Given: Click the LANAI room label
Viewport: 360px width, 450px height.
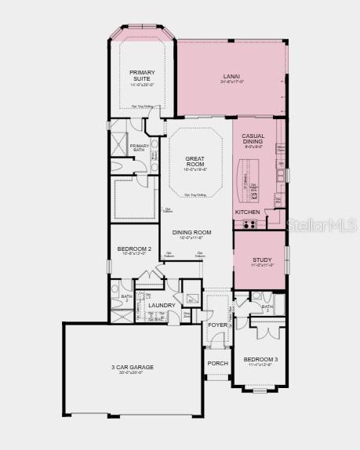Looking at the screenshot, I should click(232, 76).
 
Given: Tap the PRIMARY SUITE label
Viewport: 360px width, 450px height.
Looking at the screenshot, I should click(142, 75).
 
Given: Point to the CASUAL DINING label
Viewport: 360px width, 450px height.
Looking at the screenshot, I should click(253, 138).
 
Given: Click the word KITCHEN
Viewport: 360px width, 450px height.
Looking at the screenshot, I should click(247, 212).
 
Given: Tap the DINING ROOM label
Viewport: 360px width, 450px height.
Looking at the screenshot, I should click(192, 232).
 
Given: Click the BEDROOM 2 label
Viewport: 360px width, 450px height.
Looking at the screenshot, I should click(134, 249).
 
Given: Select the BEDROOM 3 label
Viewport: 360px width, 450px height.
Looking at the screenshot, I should click(260, 359).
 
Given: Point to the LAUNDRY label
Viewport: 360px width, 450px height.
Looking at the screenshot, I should click(162, 305).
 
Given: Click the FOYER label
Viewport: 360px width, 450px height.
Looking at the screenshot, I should click(217, 325).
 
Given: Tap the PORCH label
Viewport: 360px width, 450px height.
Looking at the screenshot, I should click(217, 363).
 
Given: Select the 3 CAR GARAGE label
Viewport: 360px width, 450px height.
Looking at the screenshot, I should click(132, 367).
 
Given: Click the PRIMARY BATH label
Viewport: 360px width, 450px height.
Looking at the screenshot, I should click(140, 147).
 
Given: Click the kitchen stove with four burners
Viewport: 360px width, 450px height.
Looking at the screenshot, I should click(250, 224).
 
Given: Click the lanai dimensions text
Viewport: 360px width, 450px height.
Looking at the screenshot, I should click(232, 82).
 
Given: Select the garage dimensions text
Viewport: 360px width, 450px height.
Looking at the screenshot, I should click(132, 372).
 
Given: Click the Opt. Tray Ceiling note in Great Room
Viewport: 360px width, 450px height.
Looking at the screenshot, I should click(195, 194).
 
